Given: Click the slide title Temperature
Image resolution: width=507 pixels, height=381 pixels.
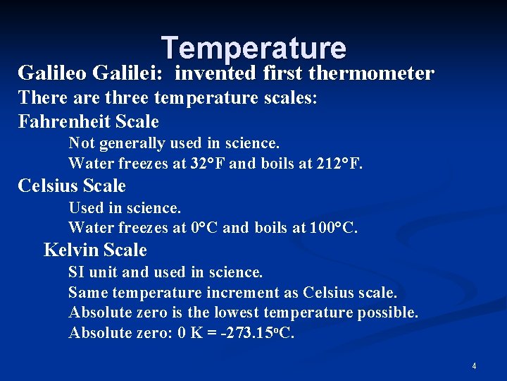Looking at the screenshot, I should point(254,48).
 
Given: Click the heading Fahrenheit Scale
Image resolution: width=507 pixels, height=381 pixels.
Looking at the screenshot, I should point(88,121).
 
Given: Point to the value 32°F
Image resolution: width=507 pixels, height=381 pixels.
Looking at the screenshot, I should point(208,164).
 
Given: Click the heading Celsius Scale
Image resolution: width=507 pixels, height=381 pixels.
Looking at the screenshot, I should point(72,186).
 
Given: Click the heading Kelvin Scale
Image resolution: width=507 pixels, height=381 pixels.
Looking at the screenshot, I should point(95,250).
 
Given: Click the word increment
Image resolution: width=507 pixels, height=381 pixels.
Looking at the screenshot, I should point(263,292).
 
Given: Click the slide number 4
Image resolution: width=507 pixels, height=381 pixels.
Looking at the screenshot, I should point(474,366).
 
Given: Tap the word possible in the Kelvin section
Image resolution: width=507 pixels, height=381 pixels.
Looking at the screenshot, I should point(387,312).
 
